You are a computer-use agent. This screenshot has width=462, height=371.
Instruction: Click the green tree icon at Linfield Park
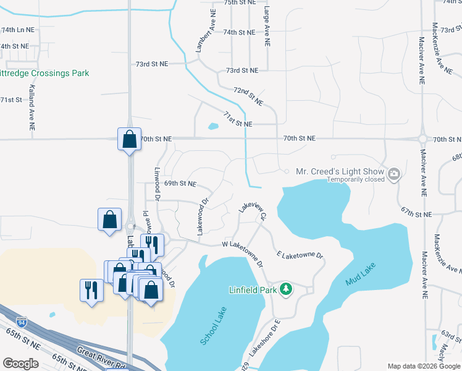(x=285, y=289)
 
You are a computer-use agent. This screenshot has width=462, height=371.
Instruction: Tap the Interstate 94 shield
(x=22, y=322)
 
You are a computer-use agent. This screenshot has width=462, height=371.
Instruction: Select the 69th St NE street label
(x=180, y=184)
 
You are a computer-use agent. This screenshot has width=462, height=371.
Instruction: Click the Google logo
(x=20, y=364)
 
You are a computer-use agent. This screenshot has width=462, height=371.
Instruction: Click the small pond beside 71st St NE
(x=213, y=127)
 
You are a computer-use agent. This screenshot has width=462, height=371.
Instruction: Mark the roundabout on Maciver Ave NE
(x=423, y=139)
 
